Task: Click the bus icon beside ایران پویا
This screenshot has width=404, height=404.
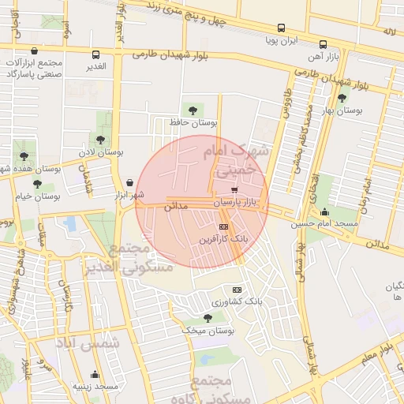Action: click(x=280, y=39)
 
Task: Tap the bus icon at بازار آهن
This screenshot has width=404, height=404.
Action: click(x=324, y=45)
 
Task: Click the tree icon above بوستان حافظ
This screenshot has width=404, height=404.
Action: click(x=192, y=110)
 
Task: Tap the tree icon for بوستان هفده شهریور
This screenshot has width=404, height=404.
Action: click(x=24, y=155)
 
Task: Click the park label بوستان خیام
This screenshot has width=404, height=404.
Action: click(x=38, y=195)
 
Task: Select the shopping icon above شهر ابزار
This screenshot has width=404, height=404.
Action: click(x=129, y=182)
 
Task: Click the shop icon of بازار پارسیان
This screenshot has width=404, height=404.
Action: click(x=234, y=190)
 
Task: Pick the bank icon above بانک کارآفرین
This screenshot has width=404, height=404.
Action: click(x=223, y=226)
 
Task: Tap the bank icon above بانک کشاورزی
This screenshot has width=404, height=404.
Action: click(x=234, y=290)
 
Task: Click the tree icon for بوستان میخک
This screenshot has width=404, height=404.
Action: click(x=207, y=318)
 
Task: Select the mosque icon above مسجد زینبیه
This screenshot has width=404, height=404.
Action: click(x=95, y=374)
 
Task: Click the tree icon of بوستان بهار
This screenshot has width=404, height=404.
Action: click(x=342, y=99)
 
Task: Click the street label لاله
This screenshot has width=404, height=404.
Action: click(x=387, y=32)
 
